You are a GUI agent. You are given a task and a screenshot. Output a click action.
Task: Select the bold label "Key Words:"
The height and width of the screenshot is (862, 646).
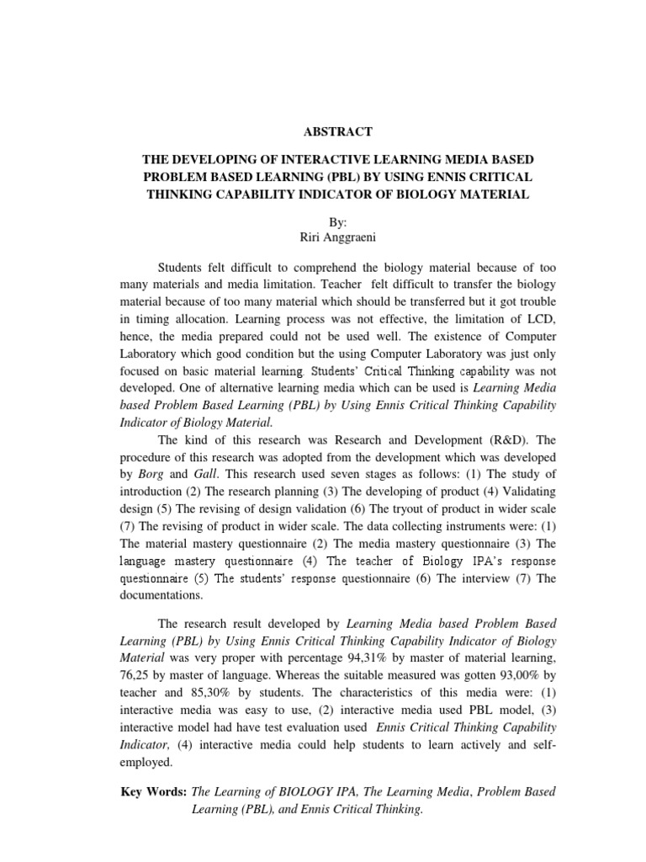tap(155, 792)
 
